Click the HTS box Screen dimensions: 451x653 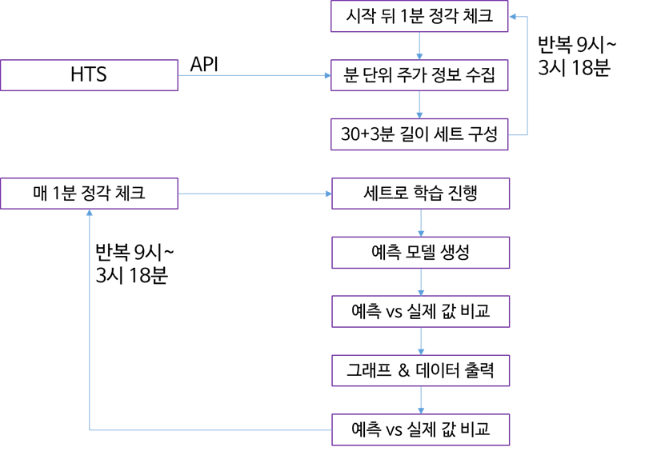click(x=89, y=75)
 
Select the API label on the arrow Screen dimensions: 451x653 click(x=204, y=64)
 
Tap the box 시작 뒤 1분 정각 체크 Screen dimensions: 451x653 click(x=419, y=16)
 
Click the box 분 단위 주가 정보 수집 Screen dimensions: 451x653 click(x=419, y=75)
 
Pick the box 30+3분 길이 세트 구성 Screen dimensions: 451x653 click(x=419, y=134)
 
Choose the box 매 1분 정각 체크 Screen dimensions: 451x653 click(x=89, y=194)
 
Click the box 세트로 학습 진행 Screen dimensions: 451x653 click(x=420, y=194)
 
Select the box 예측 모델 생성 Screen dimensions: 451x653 click(x=420, y=253)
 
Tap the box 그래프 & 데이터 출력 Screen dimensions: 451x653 click(x=420, y=371)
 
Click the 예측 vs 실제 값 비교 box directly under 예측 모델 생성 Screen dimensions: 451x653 click(x=420, y=312)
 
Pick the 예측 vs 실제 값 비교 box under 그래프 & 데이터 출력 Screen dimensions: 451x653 click(x=420, y=430)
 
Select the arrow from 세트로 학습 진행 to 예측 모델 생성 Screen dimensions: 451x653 click(x=421, y=223)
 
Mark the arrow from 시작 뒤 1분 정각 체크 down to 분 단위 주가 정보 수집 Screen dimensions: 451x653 click(x=419, y=46)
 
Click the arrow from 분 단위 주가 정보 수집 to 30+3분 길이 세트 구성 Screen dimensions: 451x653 click(x=419, y=105)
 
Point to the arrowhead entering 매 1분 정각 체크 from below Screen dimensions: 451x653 click(x=89, y=214)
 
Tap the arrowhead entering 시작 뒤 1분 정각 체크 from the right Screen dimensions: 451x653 click(x=513, y=16)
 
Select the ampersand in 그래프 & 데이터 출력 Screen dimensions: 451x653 click(x=403, y=371)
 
